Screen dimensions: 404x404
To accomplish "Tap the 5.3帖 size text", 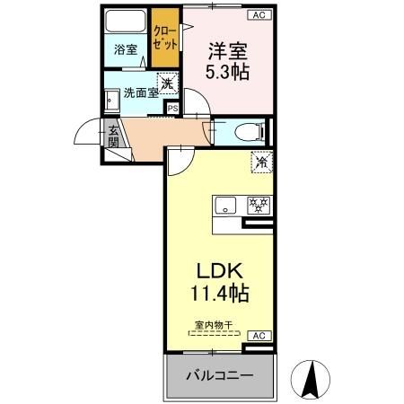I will pos(228,73).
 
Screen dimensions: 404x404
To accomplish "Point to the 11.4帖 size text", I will pos(218,293).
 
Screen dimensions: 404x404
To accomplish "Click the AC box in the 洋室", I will pos(258,15).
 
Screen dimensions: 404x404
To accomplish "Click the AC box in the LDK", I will pos(258,336).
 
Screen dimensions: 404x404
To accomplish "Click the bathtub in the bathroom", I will pos(125,22).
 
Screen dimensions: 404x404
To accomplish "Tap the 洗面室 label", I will pos(141,92).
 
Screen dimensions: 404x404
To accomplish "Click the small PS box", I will pos(171,109).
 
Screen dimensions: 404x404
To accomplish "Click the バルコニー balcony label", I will pos(219,374).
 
